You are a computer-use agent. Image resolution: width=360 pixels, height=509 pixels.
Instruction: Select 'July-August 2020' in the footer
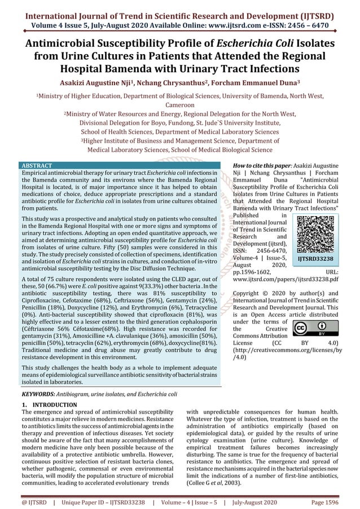(254, 501)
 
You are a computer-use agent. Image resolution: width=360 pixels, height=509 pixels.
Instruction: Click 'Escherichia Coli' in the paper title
(249, 43)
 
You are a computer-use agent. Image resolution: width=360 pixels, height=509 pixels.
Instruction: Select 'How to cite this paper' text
(263, 165)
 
